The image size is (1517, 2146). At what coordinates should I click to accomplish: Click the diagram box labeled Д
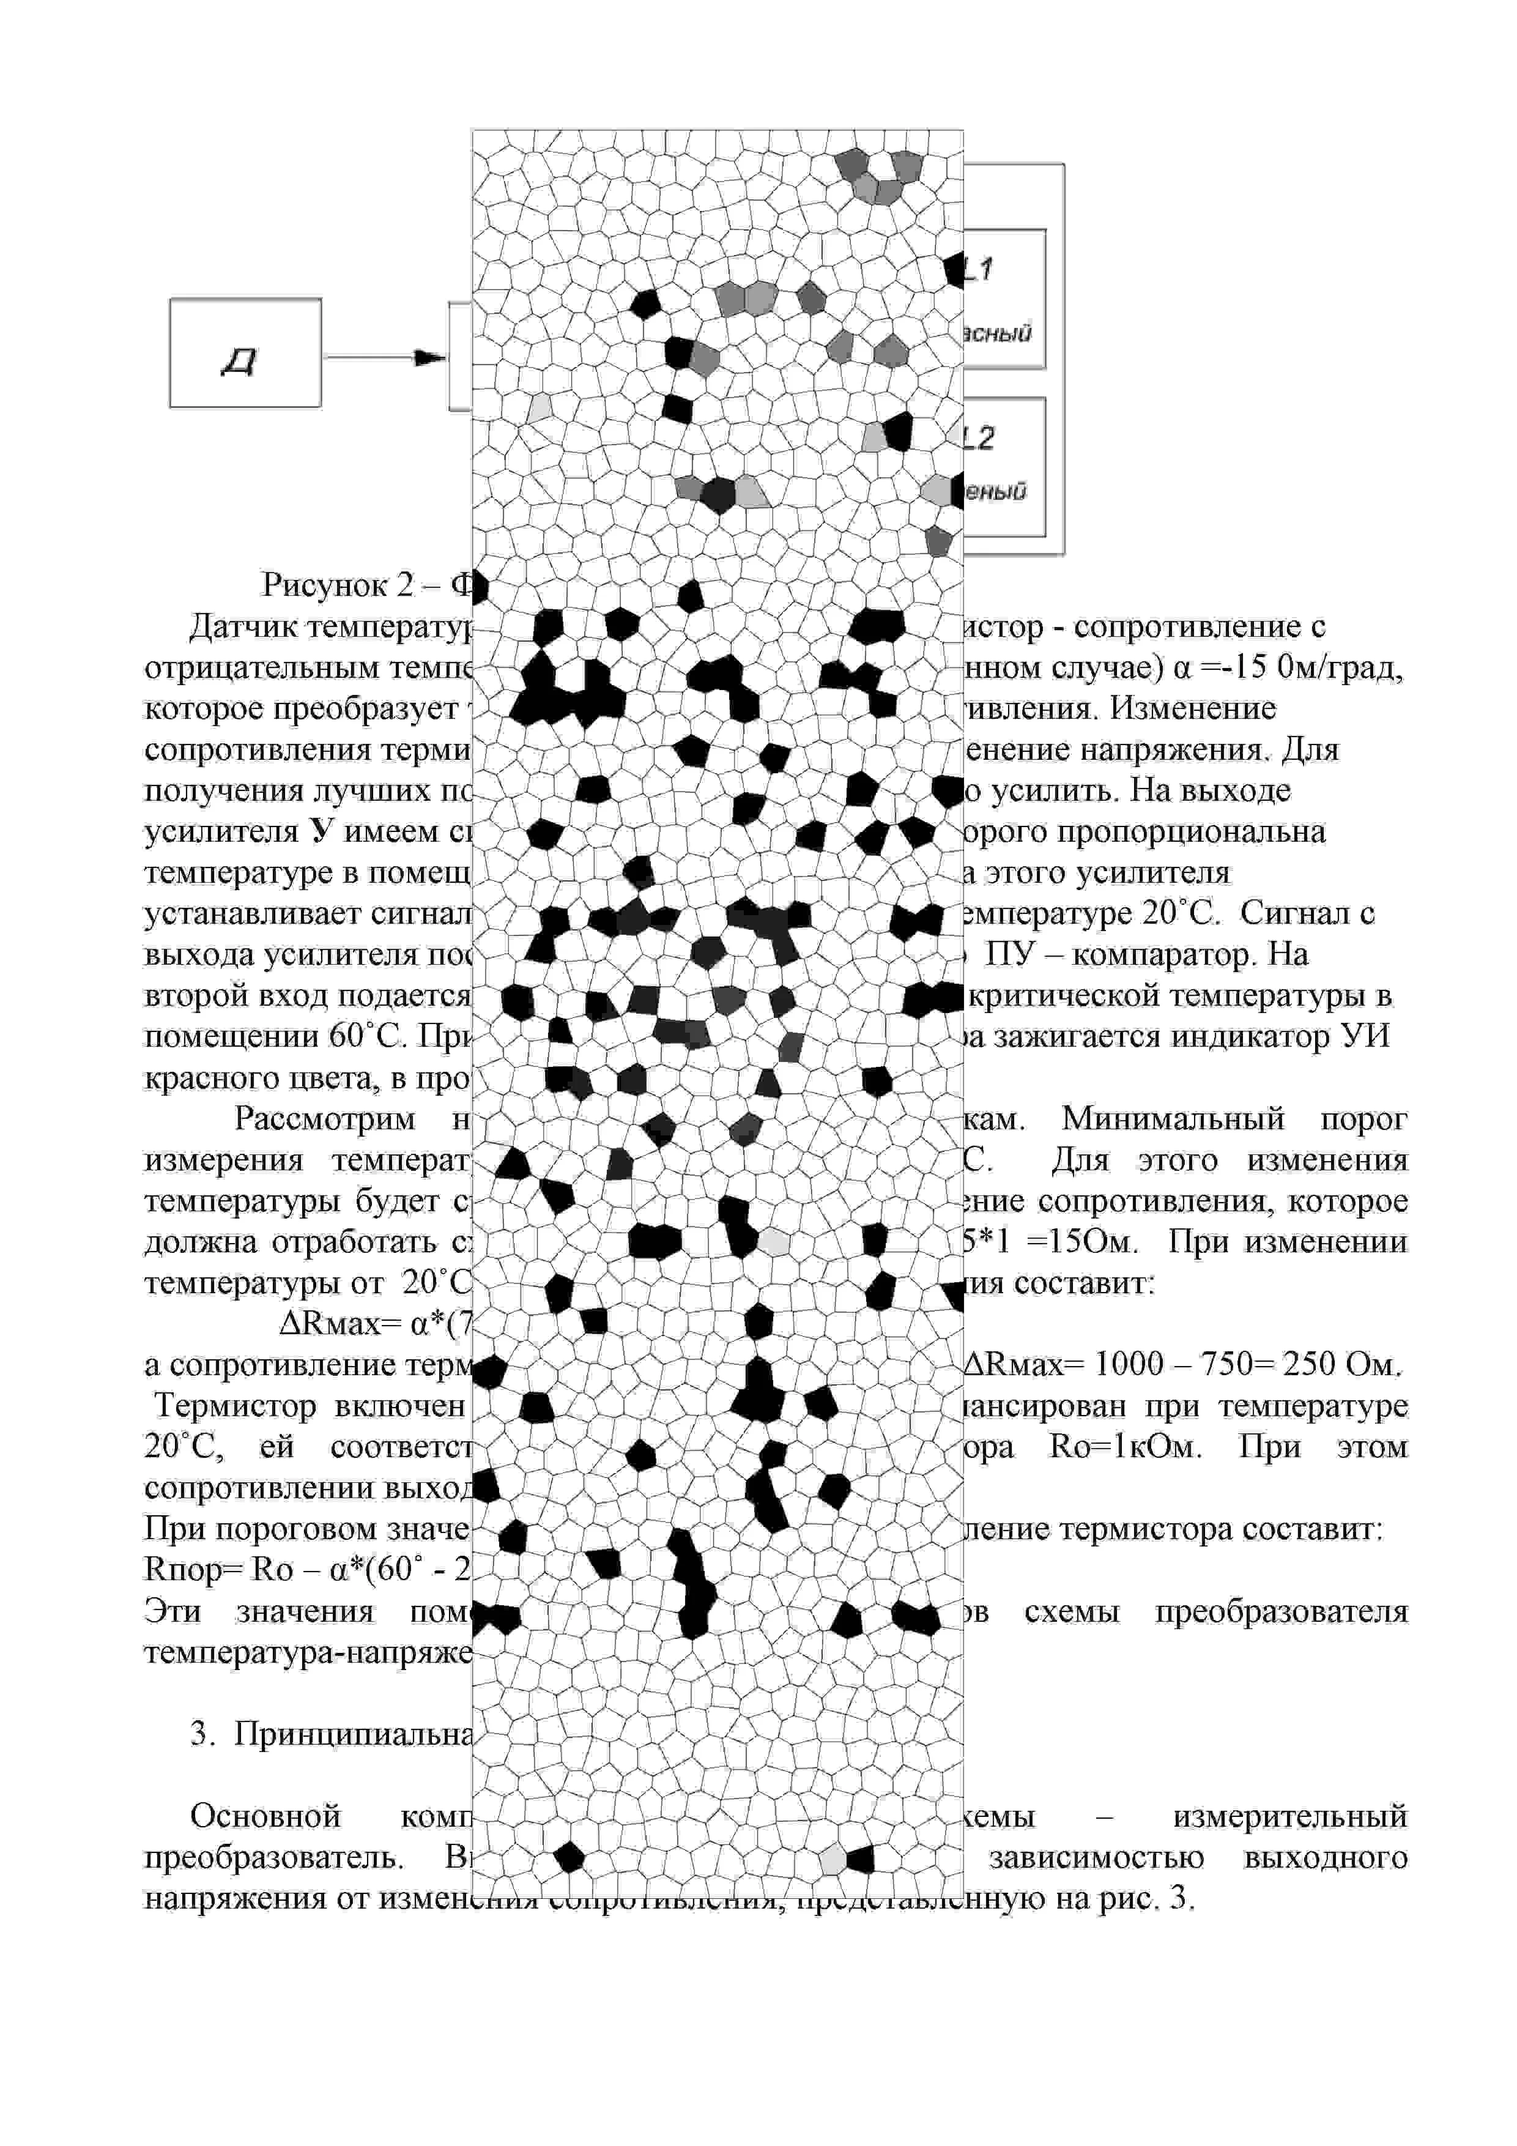click(245, 354)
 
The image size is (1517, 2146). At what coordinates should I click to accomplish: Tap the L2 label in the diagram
click(979, 437)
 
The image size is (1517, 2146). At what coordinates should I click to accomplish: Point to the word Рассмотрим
click(324, 1119)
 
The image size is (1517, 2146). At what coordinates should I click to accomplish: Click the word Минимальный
click(1173, 1119)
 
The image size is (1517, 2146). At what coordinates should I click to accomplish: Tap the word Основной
click(265, 1816)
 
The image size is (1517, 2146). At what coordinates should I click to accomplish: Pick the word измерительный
click(1290, 1816)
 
